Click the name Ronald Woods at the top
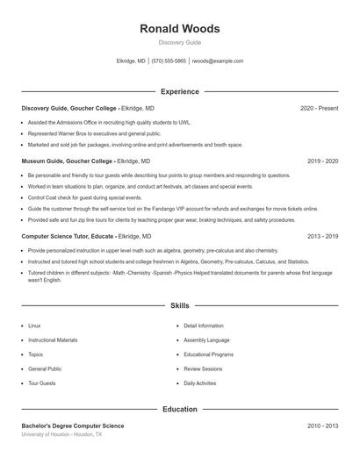[180, 29]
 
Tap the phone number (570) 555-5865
[169, 61]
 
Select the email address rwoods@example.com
[217, 61]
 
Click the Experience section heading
[180, 91]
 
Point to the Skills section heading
[180, 305]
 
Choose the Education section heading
[180, 409]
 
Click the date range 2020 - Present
[319, 108]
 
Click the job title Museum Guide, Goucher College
[69, 161]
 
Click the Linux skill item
[34, 325]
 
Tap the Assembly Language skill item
[206, 340]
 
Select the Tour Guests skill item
[41, 383]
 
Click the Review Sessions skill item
[204, 369]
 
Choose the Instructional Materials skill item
[53, 340]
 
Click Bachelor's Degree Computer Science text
[73, 426]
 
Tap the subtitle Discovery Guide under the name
[180, 42]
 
